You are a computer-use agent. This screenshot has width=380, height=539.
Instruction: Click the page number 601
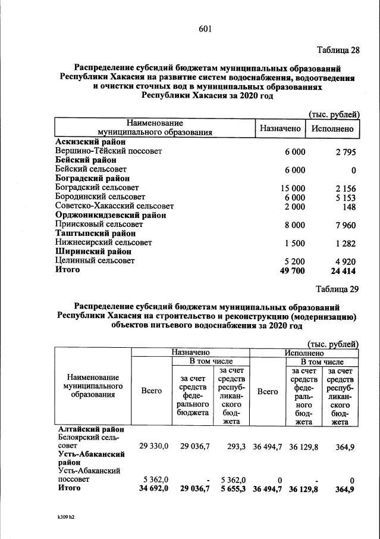(205, 29)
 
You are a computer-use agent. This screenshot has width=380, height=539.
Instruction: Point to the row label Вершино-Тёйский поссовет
(108, 152)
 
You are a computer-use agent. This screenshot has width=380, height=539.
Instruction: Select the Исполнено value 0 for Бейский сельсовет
(353, 170)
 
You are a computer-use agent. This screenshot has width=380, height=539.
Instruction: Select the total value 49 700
(293, 270)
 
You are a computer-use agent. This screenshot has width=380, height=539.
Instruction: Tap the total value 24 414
(343, 270)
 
